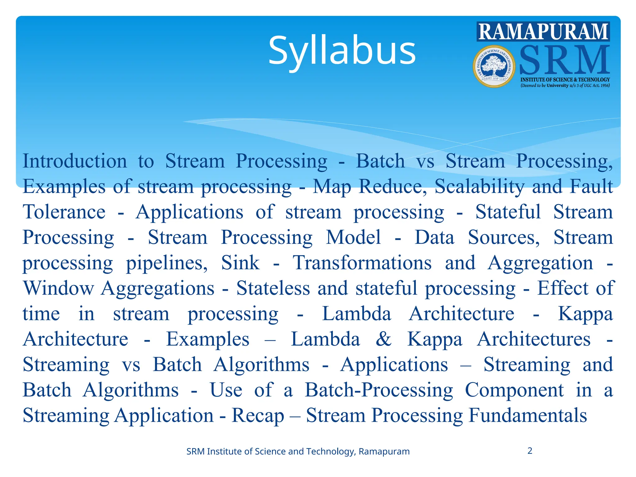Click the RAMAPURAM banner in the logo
[x=543, y=32]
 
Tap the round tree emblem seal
[x=494, y=66]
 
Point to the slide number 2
[x=530, y=451]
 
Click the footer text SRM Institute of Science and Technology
[x=298, y=451]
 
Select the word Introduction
[x=75, y=161]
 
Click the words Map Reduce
[x=367, y=187]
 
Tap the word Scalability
[x=479, y=187]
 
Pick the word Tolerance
[x=64, y=212]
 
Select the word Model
[x=353, y=238]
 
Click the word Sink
[x=240, y=263]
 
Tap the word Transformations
[x=362, y=263]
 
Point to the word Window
[x=58, y=288]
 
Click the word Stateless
[x=273, y=288]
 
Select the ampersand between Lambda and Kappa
[x=384, y=339]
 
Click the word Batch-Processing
[x=379, y=390]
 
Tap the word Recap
[x=258, y=416]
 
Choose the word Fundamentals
[x=528, y=416]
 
